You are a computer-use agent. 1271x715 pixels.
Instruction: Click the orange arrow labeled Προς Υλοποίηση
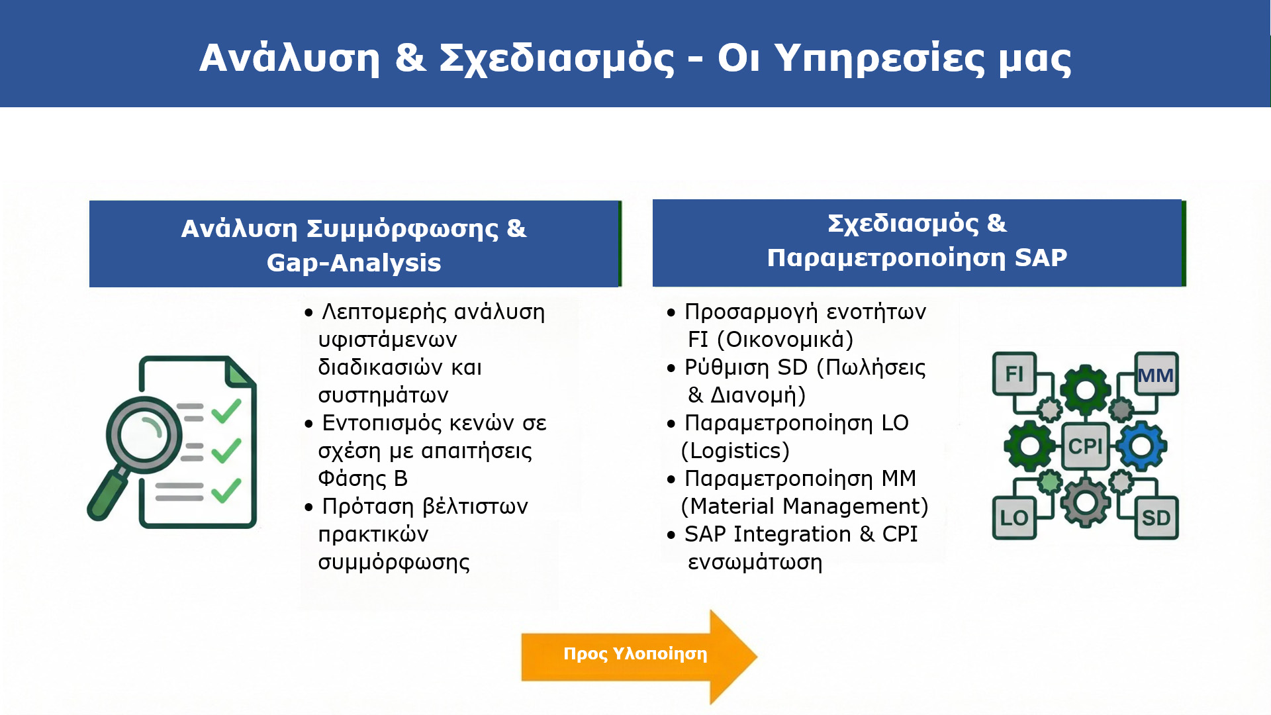coord(639,656)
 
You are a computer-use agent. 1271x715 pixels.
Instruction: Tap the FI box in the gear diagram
coord(1014,373)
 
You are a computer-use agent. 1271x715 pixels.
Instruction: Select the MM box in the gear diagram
coord(1156,374)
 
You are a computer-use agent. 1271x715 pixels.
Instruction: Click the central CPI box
coord(1085,446)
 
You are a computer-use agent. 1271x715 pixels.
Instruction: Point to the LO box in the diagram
coord(1014,518)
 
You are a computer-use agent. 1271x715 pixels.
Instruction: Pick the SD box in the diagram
coord(1156,518)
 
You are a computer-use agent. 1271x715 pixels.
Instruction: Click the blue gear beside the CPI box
coord(1141,446)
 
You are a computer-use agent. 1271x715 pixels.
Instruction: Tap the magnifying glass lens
coord(144,434)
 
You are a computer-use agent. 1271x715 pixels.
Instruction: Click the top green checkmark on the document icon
coord(226,411)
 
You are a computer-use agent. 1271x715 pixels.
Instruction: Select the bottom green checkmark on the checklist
coord(226,491)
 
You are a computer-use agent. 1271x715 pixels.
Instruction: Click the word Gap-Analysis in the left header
coord(354,263)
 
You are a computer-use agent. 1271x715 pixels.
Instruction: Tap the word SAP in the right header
coord(1041,257)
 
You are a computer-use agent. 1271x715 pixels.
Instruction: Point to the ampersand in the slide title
coord(410,57)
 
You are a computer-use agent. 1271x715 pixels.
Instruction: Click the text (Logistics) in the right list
coord(735,451)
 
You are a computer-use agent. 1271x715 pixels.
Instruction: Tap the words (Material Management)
coord(805,506)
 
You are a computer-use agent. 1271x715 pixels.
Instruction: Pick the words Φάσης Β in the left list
coord(363,479)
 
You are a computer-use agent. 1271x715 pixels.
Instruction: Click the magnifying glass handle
coord(108,493)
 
